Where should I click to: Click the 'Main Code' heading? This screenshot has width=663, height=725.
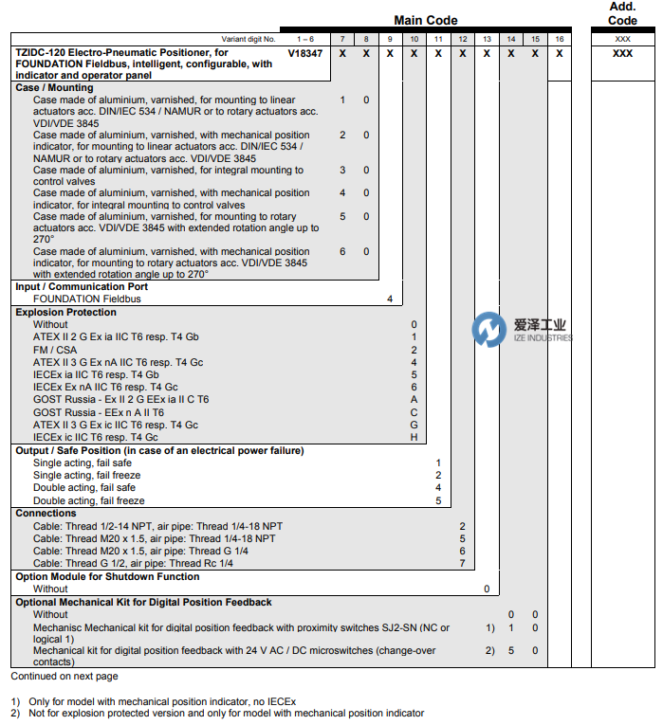(x=425, y=20)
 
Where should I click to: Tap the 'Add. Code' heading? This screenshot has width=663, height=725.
(x=622, y=13)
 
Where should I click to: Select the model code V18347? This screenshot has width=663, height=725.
(x=305, y=54)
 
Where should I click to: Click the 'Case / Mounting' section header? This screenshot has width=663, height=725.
(x=54, y=88)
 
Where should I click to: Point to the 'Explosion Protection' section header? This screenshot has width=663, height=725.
(x=65, y=312)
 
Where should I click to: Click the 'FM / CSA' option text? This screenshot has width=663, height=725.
(x=55, y=350)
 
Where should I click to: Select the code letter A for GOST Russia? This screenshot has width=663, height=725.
(x=414, y=400)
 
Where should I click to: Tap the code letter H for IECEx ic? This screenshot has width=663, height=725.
(x=414, y=437)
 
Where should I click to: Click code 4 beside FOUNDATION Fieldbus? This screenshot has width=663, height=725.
(x=390, y=299)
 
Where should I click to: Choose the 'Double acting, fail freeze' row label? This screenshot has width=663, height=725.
(x=89, y=500)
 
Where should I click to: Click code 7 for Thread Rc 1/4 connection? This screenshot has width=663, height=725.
(x=462, y=563)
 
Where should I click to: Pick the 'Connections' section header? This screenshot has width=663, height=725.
(x=46, y=513)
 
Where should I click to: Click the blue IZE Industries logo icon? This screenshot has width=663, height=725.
(x=489, y=330)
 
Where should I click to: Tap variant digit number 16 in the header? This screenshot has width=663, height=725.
(x=560, y=39)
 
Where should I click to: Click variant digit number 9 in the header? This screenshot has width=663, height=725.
(x=390, y=39)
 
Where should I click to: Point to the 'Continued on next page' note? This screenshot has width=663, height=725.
(x=64, y=677)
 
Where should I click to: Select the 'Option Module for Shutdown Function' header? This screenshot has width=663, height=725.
(x=107, y=576)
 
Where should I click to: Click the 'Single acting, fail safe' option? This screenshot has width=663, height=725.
(x=84, y=463)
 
